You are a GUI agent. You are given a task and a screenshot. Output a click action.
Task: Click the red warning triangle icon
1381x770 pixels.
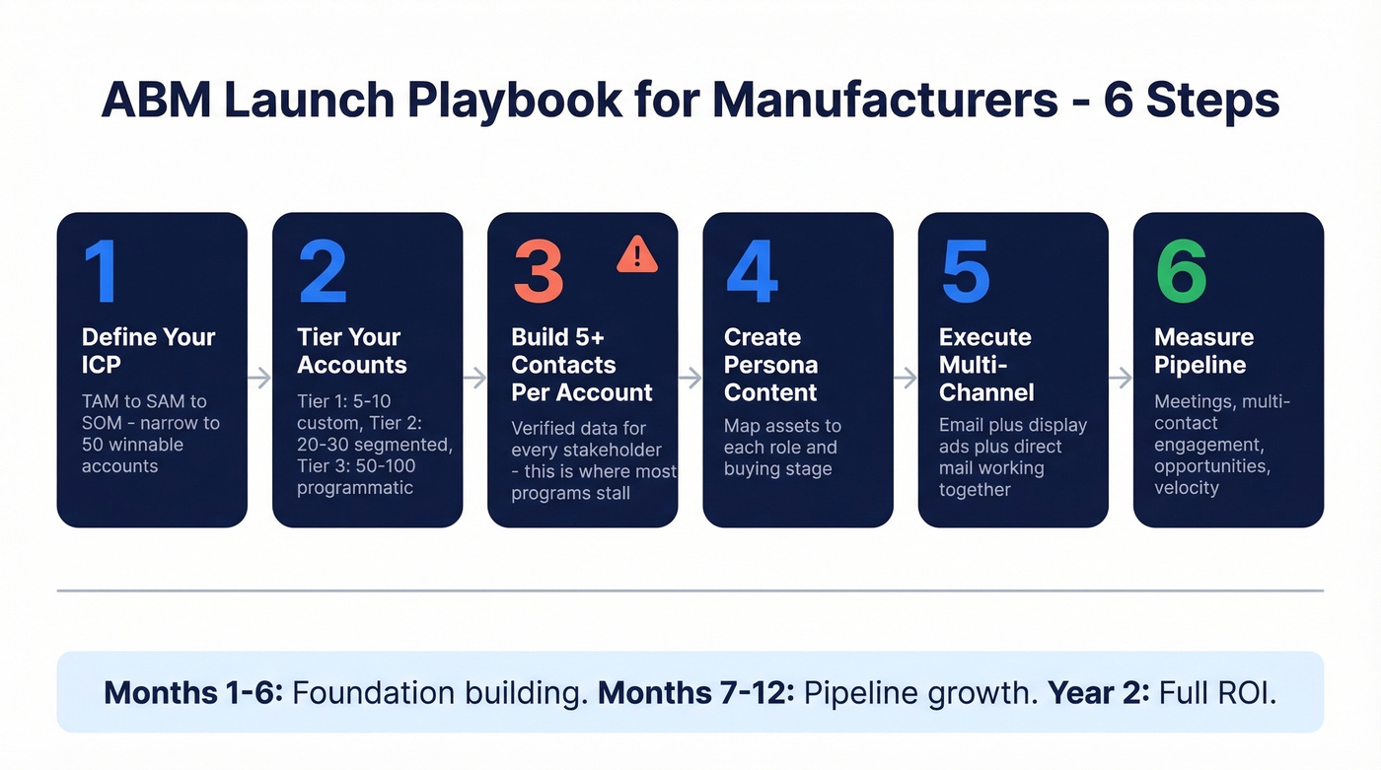click(x=637, y=254)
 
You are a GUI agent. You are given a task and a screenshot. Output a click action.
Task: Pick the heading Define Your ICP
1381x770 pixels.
click(x=148, y=351)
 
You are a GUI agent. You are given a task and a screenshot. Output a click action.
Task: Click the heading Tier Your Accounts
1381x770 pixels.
click(x=351, y=351)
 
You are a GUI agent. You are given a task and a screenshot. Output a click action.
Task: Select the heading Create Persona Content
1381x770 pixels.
click(x=770, y=365)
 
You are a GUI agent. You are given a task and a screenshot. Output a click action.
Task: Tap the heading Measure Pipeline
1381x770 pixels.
click(x=1203, y=351)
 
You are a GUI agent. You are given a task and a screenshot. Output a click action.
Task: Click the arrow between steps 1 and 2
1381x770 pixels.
click(x=259, y=378)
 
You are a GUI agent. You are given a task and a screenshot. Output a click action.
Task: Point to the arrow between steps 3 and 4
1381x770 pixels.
click(x=690, y=378)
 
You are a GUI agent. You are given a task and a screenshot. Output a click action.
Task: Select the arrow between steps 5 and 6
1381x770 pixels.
click(x=1121, y=378)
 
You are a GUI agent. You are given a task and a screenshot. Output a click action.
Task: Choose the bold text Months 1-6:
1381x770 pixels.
click(x=193, y=692)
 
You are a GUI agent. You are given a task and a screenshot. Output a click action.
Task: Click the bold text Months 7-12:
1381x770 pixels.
click(x=695, y=692)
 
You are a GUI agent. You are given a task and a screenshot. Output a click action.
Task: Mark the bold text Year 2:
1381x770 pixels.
click(x=1098, y=692)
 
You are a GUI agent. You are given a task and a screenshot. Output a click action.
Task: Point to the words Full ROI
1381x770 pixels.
click(x=1218, y=692)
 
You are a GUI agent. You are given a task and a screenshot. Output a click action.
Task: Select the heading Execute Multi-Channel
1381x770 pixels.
click(x=985, y=365)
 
